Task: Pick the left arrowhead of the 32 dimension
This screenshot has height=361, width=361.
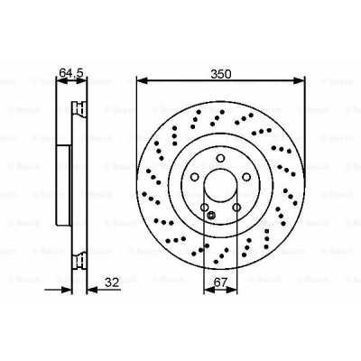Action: click(x=69, y=290)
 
